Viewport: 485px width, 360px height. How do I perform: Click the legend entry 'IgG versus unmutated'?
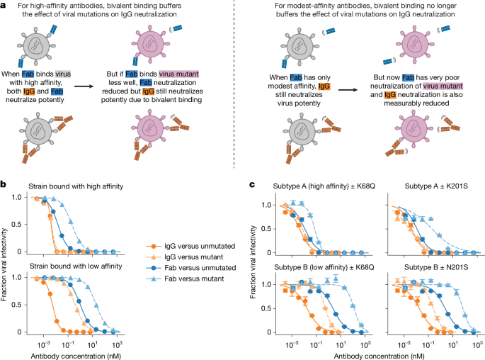pyautogui.click(x=190, y=247)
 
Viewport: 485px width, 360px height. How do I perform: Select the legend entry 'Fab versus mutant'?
pyautogui.click(x=185, y=279)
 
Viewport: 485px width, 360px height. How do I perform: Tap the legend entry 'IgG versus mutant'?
pyautogui.click(x=185, y=257)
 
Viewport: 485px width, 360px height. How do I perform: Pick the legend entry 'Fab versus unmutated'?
pyautogui.click(x=191, y=268)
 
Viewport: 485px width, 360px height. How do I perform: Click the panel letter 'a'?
pyautogui.click(x=3, y=6)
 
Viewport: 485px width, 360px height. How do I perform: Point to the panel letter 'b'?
pyautogui.click(x=3, y=185)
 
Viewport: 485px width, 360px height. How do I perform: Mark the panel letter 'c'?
pyautogui.click(x=252, y=185)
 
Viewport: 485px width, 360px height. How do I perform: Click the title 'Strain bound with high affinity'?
pyautogui.click(x=76, y=186)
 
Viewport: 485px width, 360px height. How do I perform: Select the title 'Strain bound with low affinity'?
pyautogui.click(x=76, y=266)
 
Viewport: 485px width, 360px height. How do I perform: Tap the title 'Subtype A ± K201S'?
pyautogui.click(x=436, y=186)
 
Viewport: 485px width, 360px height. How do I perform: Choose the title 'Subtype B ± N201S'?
pyautogui.click(x=436, y=267)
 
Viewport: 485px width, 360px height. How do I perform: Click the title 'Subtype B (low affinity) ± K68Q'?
pyautogui.click(x=324, y=267)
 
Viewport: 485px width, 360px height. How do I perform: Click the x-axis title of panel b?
pyautogui.click(x=76, y=356)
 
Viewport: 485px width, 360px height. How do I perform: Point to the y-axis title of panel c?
pyautogui.click(x=253, y=262)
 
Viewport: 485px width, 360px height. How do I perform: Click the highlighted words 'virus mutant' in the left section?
pyautogui.click(x=179, y=74)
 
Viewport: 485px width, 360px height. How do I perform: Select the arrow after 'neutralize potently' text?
pyautogui.click(x=84, y=86)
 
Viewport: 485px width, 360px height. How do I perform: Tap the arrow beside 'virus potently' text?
pyautogui.click(x=348, y=90)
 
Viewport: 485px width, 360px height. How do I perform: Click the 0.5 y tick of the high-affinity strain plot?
pyautogui.click(x=17, y=225)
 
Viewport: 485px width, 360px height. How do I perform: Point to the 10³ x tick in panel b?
pyautogui.click(x=117, y=344)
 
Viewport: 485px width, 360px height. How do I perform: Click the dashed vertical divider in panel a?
pyautogui.click(x=234, y=84)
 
